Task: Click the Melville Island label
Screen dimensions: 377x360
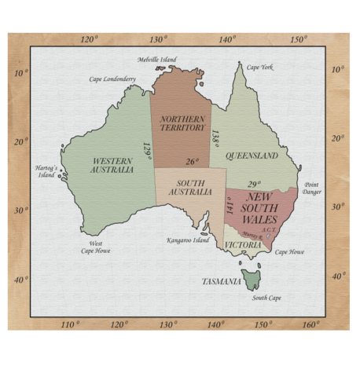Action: click(x=157, y=60)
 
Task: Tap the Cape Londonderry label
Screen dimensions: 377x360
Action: click(x=112, y=79)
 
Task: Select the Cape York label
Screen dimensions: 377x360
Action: click(x=260, y=68)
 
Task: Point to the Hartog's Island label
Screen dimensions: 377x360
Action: click(x=46, y=171)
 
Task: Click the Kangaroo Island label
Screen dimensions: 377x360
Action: click(x=188, y=240)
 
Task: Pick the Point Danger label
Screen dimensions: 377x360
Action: click(x=312, y=188)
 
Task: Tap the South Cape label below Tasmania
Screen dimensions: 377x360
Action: click(x=266, y=298)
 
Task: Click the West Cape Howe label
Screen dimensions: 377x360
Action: click(x=96, y=247)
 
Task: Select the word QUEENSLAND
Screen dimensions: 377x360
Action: click(x=252, y=156)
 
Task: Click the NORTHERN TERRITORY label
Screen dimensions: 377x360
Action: click(x=182, y=123)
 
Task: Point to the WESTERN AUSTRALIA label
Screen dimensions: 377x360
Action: click(x=112, y=165)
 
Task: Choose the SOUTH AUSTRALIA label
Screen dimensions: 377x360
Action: click(x=189, y=187)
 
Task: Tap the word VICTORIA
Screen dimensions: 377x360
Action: click(x=243, y=245)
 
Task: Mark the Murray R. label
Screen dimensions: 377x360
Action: click(x=252, y=235)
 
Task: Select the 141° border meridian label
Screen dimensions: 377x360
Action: click(x=230, y=207)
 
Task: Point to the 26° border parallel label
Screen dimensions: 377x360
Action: click(x=192, y=162)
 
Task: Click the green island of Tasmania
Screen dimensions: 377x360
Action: click(x=252, y=279)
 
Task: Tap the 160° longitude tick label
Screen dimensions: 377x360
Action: click(x=310, y=324)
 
